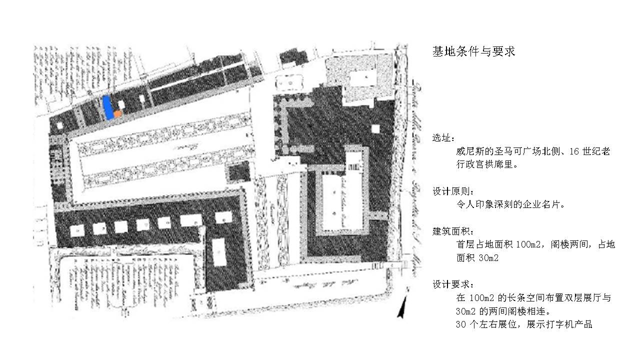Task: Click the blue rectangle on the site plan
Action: pos(107,107)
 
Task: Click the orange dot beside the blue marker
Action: pos(117,114)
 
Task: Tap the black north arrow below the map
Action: pos(401,307)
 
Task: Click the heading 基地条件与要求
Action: pos(473,51)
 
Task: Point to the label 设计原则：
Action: pos(452,191)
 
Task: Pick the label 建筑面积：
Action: pos(452,231)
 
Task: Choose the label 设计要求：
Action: pos(452,284)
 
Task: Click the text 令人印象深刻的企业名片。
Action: pos(510,205)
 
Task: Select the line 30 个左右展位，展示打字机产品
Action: pos(524,324)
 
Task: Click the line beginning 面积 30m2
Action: pos(477,258)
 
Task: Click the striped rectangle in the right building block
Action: pos(353,161)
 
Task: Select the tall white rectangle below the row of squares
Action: pos(218,253)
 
